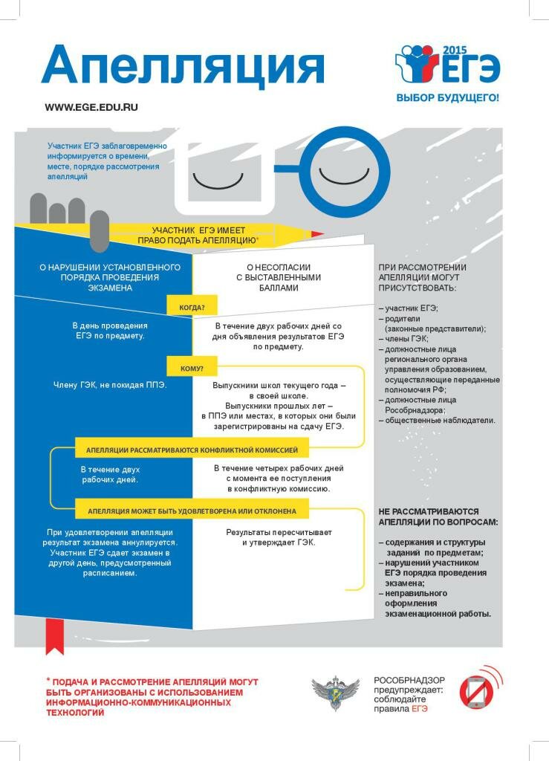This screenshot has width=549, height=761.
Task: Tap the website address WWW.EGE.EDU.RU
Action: (x=91, y=107)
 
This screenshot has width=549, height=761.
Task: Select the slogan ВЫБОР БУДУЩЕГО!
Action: (x=446, y=97)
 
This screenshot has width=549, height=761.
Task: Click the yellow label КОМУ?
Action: (x=192, y=369)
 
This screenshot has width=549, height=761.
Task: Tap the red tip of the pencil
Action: (x=317, y=234)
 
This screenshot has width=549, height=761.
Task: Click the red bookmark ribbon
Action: (x=54, y=638)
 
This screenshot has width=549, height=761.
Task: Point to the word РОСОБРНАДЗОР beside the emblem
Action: (x=409, y=680)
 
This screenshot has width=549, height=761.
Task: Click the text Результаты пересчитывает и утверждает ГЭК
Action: (x=279, y=537)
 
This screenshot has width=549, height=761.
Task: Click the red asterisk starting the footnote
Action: (x=48, y=680)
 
